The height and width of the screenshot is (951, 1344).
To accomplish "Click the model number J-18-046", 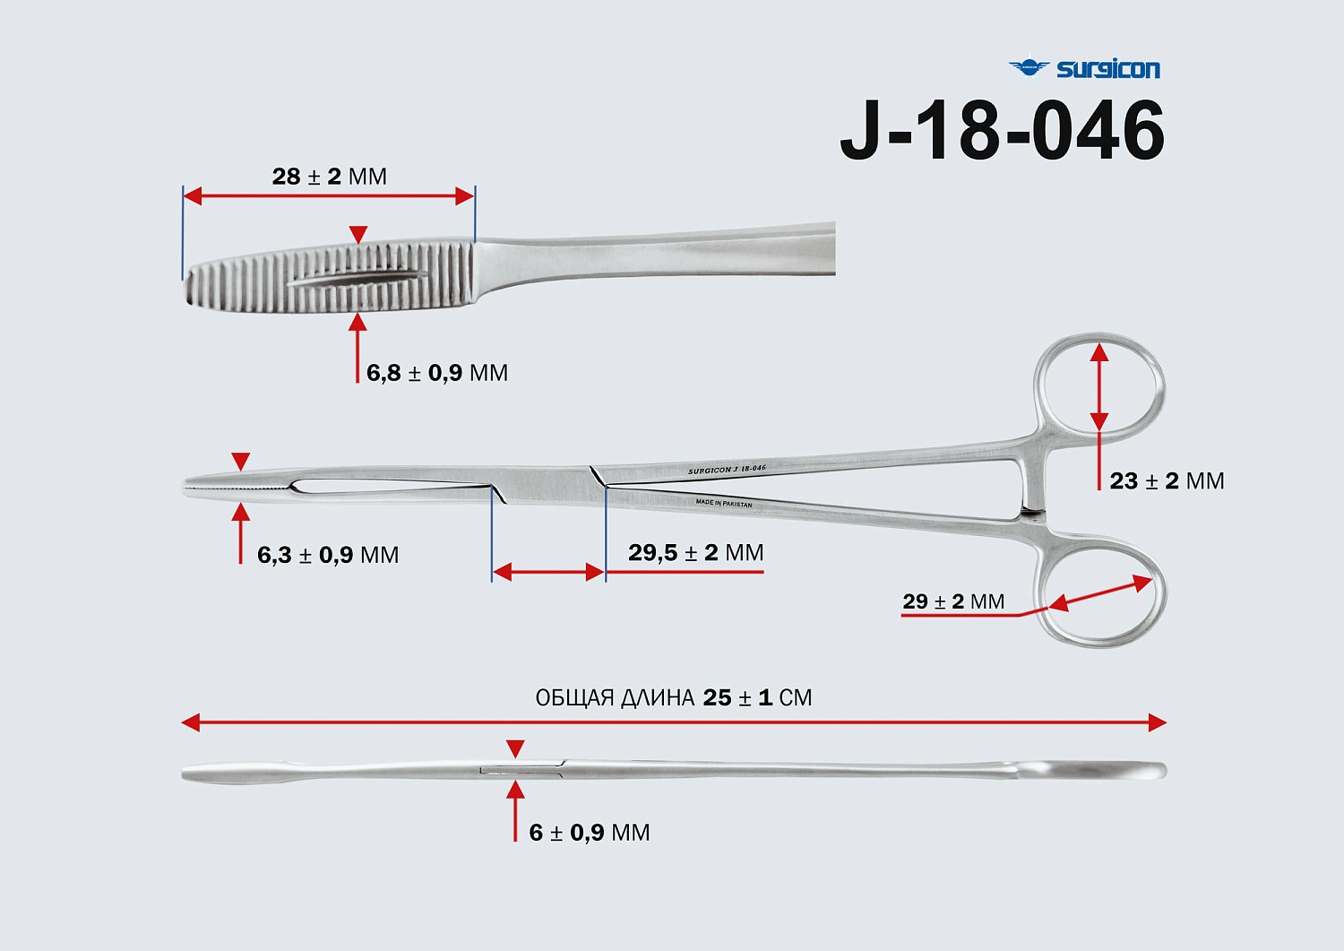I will click(1002, 132).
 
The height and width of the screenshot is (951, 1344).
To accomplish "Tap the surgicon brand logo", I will click(1084, 68).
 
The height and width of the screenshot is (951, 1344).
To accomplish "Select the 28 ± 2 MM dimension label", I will click(329, 177).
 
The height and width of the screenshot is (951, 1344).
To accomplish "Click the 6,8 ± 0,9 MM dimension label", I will click(436, 373).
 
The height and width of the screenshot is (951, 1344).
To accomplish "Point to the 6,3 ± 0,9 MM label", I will click(327, 555).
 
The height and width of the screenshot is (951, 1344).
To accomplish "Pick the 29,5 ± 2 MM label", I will click(695, 552).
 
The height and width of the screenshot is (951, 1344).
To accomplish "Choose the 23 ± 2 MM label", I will click(1166, 481).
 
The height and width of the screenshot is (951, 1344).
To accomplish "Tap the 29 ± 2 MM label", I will click(952, 601).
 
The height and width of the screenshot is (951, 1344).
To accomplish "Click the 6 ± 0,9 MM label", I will click(589, 833).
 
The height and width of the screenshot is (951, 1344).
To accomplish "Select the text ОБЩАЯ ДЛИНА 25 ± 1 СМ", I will click(673, 697).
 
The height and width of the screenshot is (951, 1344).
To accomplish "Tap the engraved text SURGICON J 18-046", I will click(727, 470).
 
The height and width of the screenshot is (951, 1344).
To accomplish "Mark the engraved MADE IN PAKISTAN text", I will click(724, 504).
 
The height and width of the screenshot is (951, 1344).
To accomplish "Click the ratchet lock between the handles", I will click(1032, 514).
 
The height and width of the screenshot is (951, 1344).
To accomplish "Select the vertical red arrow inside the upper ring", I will click(1099, 388).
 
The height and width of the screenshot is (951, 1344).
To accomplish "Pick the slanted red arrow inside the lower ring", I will click(1100, 593).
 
